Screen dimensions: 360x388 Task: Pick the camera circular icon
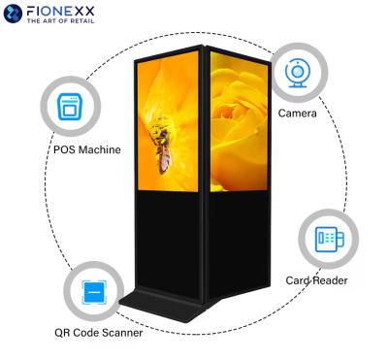pyautogui.click(x=297, y=75)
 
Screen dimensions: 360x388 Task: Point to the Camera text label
pyautogui.click(x=297, y=115)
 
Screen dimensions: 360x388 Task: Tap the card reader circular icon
pyautogui.click(x=324, y=239)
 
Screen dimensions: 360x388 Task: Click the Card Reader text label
pyautogui.click(x=316, y=280)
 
